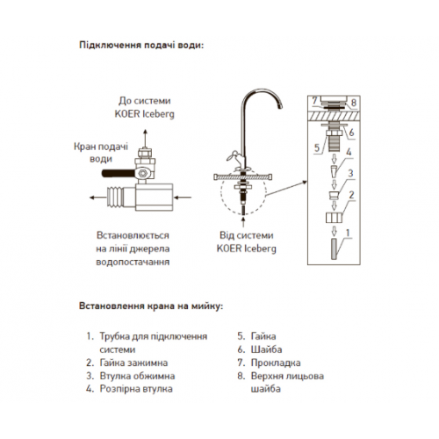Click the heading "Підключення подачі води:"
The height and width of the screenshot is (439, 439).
[141, 46]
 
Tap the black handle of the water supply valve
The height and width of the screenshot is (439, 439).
[118, 173]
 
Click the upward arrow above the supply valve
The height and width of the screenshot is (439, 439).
[145, 138]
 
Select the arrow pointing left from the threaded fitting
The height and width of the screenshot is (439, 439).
[98, 198]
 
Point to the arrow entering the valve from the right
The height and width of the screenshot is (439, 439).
[183, 198]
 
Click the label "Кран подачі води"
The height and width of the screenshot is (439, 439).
[101, 153]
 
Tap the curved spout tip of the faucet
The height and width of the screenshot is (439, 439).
[280, 105]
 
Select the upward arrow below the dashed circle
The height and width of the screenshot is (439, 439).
[243, 221]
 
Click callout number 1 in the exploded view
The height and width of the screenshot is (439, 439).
[348, 233]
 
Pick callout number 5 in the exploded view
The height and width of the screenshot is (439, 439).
[317, 148]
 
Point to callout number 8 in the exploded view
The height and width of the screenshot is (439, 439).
[354, 103]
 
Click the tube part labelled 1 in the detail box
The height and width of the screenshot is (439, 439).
[334, 248]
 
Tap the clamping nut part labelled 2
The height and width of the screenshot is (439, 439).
[334, 218]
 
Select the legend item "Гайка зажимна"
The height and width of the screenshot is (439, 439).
[126, 363]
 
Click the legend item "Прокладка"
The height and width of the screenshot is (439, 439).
[269, 363]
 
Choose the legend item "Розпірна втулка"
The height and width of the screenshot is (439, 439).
[129, 389]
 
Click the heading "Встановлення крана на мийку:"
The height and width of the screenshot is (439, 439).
[151, 306]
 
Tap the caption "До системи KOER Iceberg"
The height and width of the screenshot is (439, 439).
[145, 107]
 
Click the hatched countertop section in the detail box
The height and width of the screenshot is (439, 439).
[334, 116]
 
